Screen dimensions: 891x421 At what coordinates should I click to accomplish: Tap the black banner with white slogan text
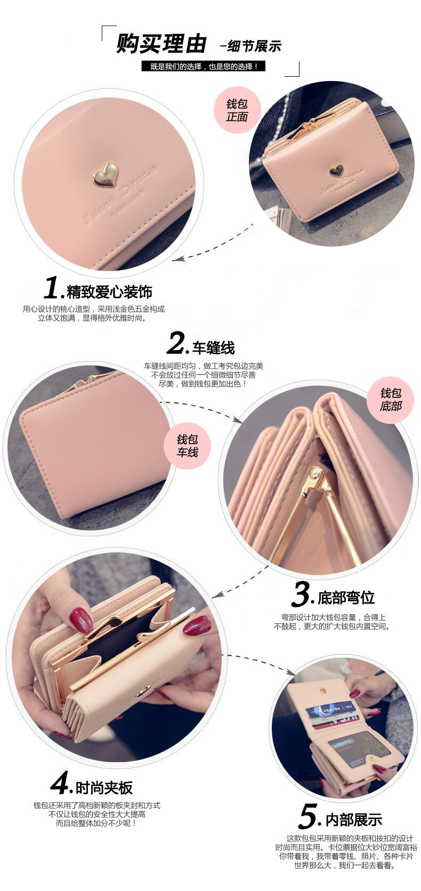click(203, 67)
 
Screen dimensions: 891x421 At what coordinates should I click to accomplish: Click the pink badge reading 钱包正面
click(237, 110)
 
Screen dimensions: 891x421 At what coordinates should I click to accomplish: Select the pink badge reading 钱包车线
click(187, 446)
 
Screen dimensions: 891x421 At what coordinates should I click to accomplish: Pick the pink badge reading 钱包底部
click(390, 399)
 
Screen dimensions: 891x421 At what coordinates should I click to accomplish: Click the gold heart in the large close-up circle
click(105, 175)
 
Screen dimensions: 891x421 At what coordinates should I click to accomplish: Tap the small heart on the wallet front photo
click(336, 170)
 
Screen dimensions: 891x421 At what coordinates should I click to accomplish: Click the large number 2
click(176, 344)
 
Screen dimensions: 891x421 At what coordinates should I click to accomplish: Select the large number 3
click(302, 594)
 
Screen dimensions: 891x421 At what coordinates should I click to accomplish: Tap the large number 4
click(60, 783)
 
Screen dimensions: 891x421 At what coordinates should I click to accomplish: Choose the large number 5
click(309, 816)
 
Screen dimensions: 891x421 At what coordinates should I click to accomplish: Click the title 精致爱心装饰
click(109, 292)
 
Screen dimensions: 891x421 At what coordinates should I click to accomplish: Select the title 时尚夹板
click(104, 788)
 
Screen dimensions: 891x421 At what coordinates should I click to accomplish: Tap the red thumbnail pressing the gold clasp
click(81, 620)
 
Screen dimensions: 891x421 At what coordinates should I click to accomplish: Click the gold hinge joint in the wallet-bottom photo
click(317, 473)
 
